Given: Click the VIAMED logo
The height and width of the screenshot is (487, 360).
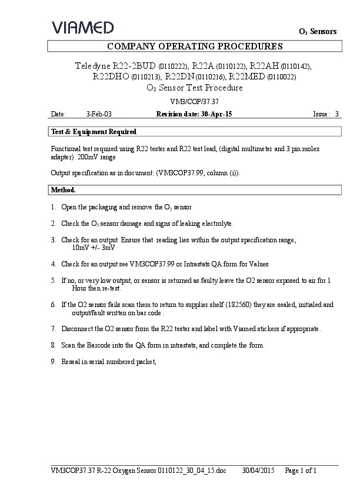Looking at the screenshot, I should (x=83, y=27).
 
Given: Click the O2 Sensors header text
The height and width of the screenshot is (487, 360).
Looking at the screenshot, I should (x=318, y=31).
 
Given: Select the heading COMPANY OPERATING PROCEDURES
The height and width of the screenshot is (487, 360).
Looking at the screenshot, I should (x=195, y=46).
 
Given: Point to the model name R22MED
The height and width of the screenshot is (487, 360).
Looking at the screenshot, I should (x=247, y=76).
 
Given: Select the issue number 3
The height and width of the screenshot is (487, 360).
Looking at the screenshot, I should (x=336, y=114).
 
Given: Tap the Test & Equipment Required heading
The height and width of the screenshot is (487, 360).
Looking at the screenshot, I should (x=94, y=132).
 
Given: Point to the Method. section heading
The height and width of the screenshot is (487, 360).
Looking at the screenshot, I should (x=64, y=190).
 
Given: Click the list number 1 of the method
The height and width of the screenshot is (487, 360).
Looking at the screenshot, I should (x=54, y=208).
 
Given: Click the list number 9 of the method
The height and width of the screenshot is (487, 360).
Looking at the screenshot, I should (x=54, y=362).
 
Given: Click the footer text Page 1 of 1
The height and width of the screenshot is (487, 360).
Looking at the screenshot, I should (x=301, y=470).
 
